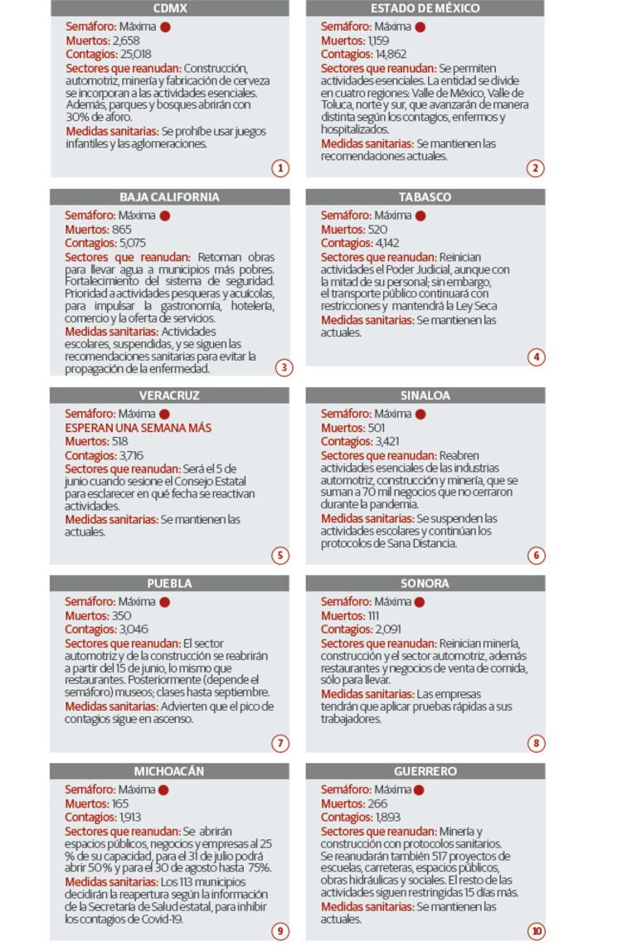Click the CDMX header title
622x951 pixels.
[170, 8]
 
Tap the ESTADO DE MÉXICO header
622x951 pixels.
[425, 8]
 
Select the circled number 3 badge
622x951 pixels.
[284, 366]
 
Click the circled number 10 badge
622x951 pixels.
[536, 931]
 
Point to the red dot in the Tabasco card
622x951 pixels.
[420, 216]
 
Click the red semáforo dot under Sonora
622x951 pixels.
[420, 602]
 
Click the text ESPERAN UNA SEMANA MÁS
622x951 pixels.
[138, 428]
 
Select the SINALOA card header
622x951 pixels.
[425, 395]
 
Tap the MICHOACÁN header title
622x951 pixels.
[170, 771]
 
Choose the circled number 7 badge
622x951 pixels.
[280, 743]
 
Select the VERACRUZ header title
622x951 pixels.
[170, 395]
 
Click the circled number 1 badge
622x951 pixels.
[280, 168]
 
